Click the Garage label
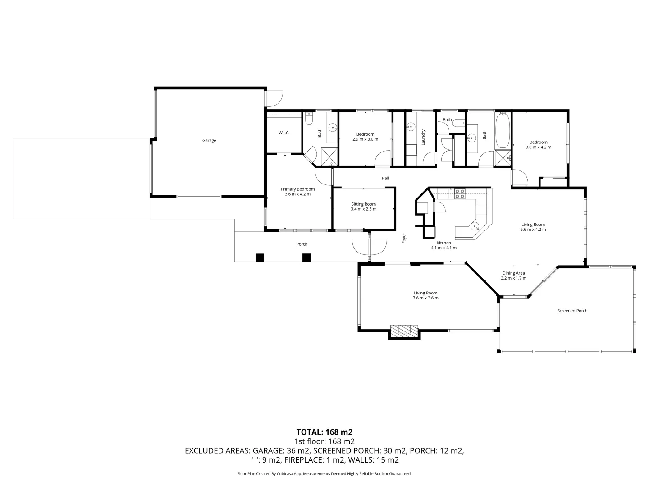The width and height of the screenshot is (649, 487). (x=209, y=141)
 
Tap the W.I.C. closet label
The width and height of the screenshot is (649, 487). (x=284, y=133)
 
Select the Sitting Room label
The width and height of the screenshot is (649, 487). (x=363, y=204)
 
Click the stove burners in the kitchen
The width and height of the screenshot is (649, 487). (x=460, y=194)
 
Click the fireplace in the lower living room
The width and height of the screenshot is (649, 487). (x=404, y=330)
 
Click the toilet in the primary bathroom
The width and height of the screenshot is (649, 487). (x=309, y=119)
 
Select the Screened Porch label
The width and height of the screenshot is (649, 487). (x=572, y=311)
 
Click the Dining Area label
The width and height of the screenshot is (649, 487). (x=513, y=273)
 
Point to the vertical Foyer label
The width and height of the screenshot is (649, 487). (x=404, y=238)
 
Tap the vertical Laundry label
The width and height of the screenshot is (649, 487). (x=423, y=137)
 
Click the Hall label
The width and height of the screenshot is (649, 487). (x=385, y=178)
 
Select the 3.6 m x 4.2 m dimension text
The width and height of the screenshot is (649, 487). (x=297, y=194)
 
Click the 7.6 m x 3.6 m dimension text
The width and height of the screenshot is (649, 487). (x=425, y=298)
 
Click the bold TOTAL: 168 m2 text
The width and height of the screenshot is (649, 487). (x=324, y=432)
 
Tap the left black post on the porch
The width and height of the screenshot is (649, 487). (x=259, y=257)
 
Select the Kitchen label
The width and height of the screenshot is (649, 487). (x=443, y=243)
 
